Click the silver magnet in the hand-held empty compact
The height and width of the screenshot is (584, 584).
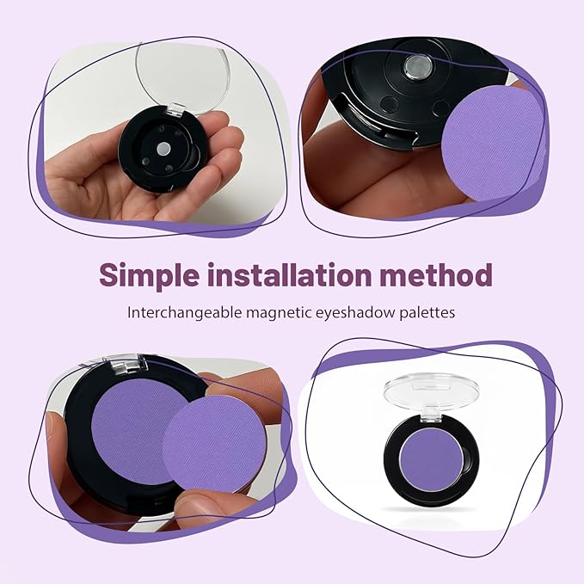[x=163, y=149]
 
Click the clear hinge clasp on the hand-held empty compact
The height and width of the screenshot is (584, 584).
[x=177, y=109]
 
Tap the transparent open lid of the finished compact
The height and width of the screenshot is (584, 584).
[x=431, y=392]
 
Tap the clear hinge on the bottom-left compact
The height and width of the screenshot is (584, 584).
[x=127, y=363]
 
